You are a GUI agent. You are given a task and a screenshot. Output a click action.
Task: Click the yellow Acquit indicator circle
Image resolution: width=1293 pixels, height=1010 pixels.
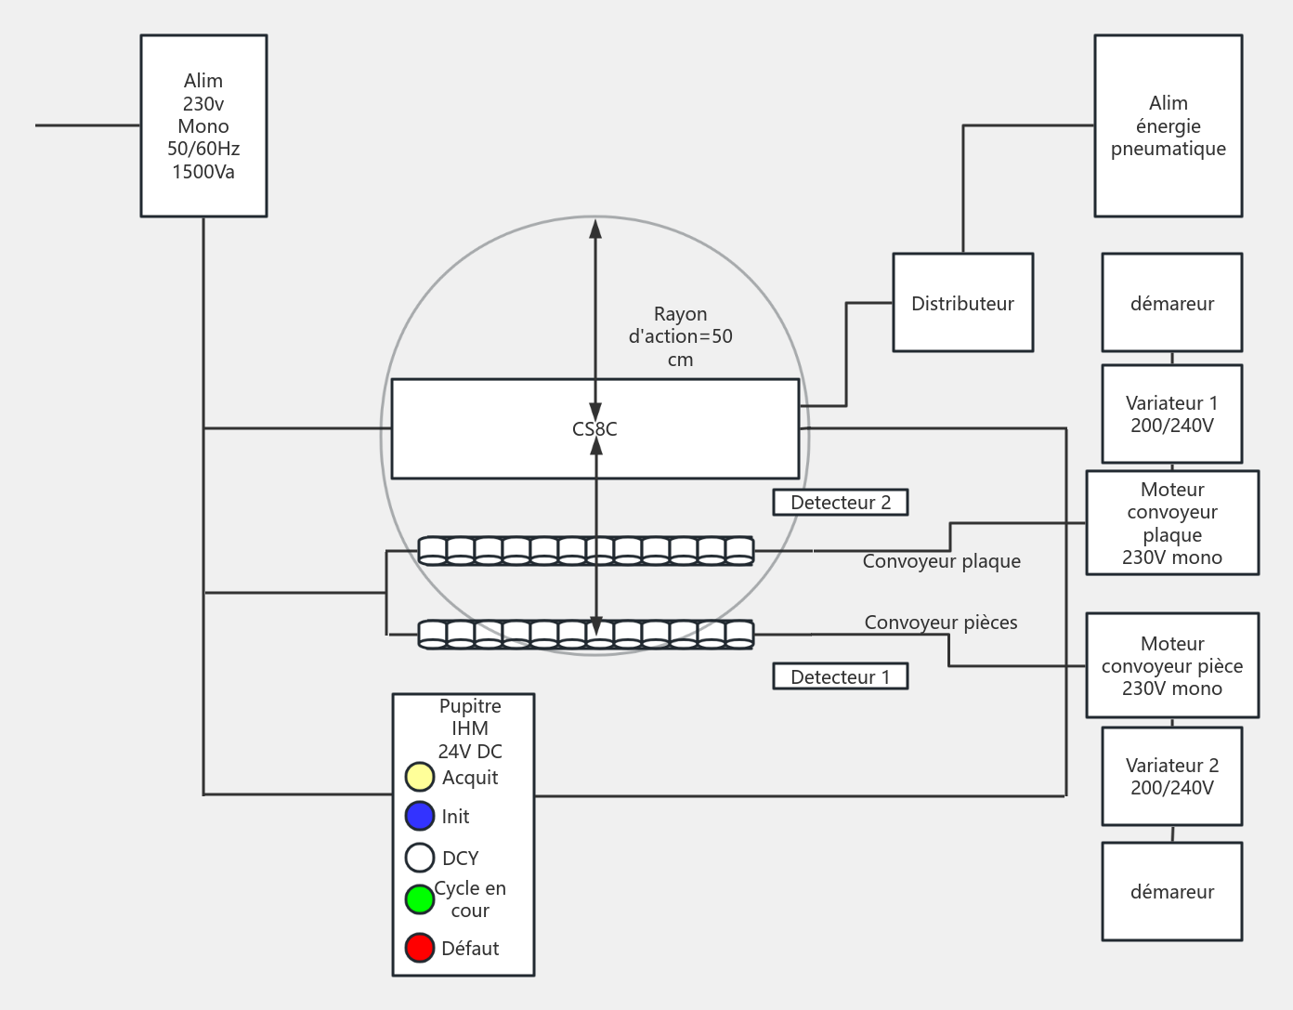pos(420,777)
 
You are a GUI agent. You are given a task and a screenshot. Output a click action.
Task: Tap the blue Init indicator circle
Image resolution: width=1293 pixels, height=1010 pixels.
pos(420,816)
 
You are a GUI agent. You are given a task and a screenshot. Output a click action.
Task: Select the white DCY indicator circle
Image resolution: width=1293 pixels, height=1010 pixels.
pos(420,857)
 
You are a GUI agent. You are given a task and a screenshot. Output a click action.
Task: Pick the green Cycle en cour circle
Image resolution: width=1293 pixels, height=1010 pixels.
pos(420,899)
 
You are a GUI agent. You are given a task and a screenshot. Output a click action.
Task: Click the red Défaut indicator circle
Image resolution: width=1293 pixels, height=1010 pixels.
pos(420,948)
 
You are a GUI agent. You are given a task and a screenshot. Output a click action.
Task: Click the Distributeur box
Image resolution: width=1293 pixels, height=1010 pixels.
pos(962,303)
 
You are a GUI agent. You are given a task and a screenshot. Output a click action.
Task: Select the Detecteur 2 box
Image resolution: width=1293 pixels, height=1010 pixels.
pos(840,503)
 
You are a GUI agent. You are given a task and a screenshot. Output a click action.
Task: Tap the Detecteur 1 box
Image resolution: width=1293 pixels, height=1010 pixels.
pos(840,676)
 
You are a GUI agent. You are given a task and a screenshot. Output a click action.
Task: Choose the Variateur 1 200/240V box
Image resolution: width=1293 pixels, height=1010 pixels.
pos(1171,414)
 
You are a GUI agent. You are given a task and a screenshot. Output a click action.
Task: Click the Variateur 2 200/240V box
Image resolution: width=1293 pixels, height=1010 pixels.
pos(1171,777)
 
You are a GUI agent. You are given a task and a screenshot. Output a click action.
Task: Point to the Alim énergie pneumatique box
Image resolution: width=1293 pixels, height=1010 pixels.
pos(1168,125)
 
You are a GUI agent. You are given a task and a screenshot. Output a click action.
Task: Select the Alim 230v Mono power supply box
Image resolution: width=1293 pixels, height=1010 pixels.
pos(203,125)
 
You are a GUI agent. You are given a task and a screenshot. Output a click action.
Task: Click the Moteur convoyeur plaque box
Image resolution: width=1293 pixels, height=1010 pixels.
pos(1172,523)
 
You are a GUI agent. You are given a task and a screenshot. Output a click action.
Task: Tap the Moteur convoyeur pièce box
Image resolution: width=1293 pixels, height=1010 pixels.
pos(1172,665)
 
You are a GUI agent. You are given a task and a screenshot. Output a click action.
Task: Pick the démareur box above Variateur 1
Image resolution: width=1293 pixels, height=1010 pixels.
pos(1171,303)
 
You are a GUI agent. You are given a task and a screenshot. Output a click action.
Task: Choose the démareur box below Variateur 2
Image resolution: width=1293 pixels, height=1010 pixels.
pos(1171,891)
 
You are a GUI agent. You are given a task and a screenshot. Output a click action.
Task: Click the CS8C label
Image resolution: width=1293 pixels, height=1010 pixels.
pos(594,429)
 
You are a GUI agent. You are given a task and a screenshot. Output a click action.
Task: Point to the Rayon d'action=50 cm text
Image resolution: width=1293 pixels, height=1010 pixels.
pos(680,336)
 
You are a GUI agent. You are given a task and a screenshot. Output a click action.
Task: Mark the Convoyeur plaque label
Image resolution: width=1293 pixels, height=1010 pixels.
pos(941,561)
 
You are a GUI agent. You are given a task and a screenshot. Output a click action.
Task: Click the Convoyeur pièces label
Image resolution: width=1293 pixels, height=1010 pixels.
pos(940,623)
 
